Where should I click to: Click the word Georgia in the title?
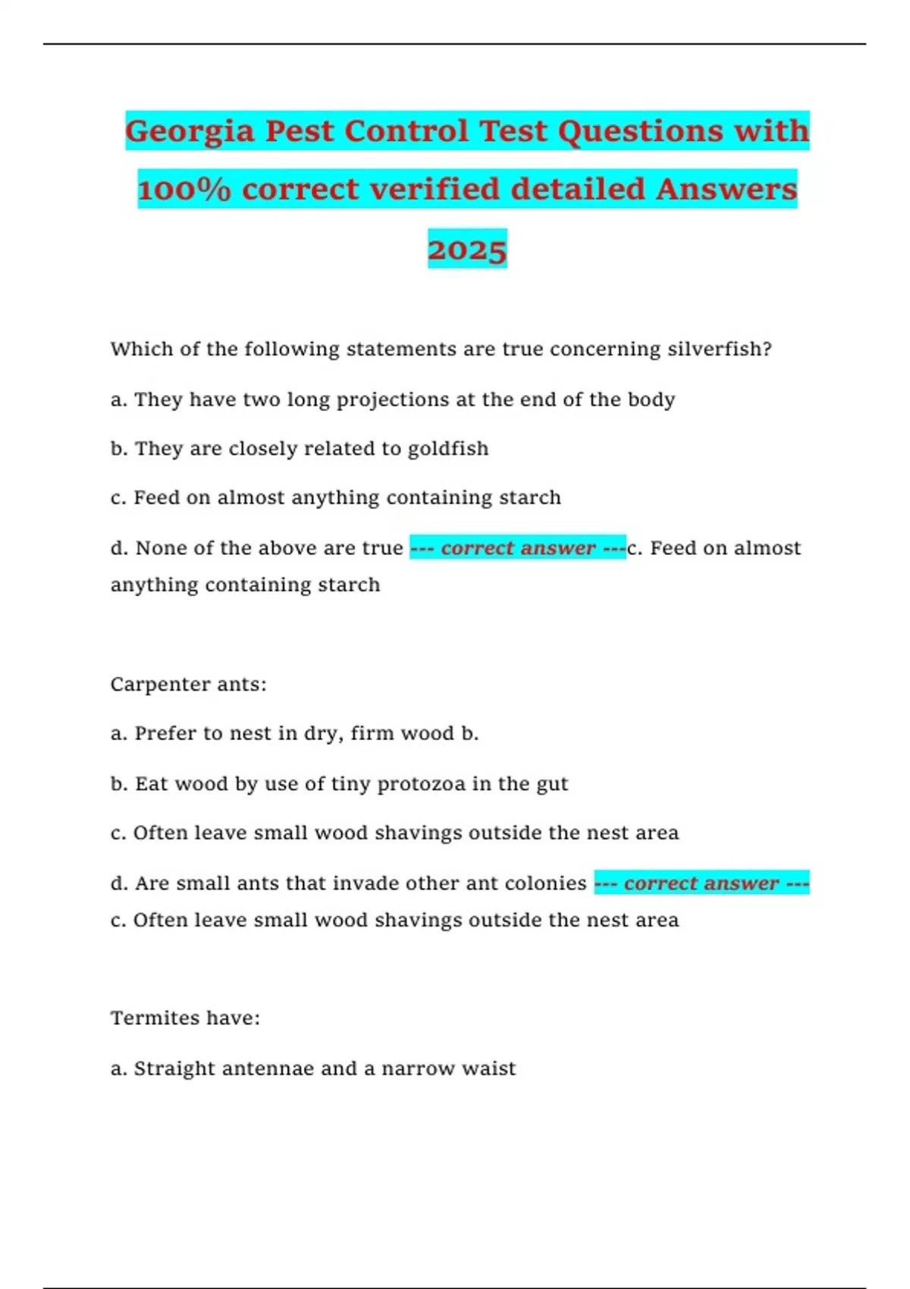pos(190,131)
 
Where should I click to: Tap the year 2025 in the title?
pos(467,249)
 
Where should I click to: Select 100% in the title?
pos(184,190)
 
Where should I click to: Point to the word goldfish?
pos(447,449)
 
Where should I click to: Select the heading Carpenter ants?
pos(188,685)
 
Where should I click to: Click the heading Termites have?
pos(185,1018)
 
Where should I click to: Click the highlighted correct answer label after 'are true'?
pos(518,547)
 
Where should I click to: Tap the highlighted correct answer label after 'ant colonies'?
pos(701,883)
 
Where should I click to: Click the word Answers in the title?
pos(726,190)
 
